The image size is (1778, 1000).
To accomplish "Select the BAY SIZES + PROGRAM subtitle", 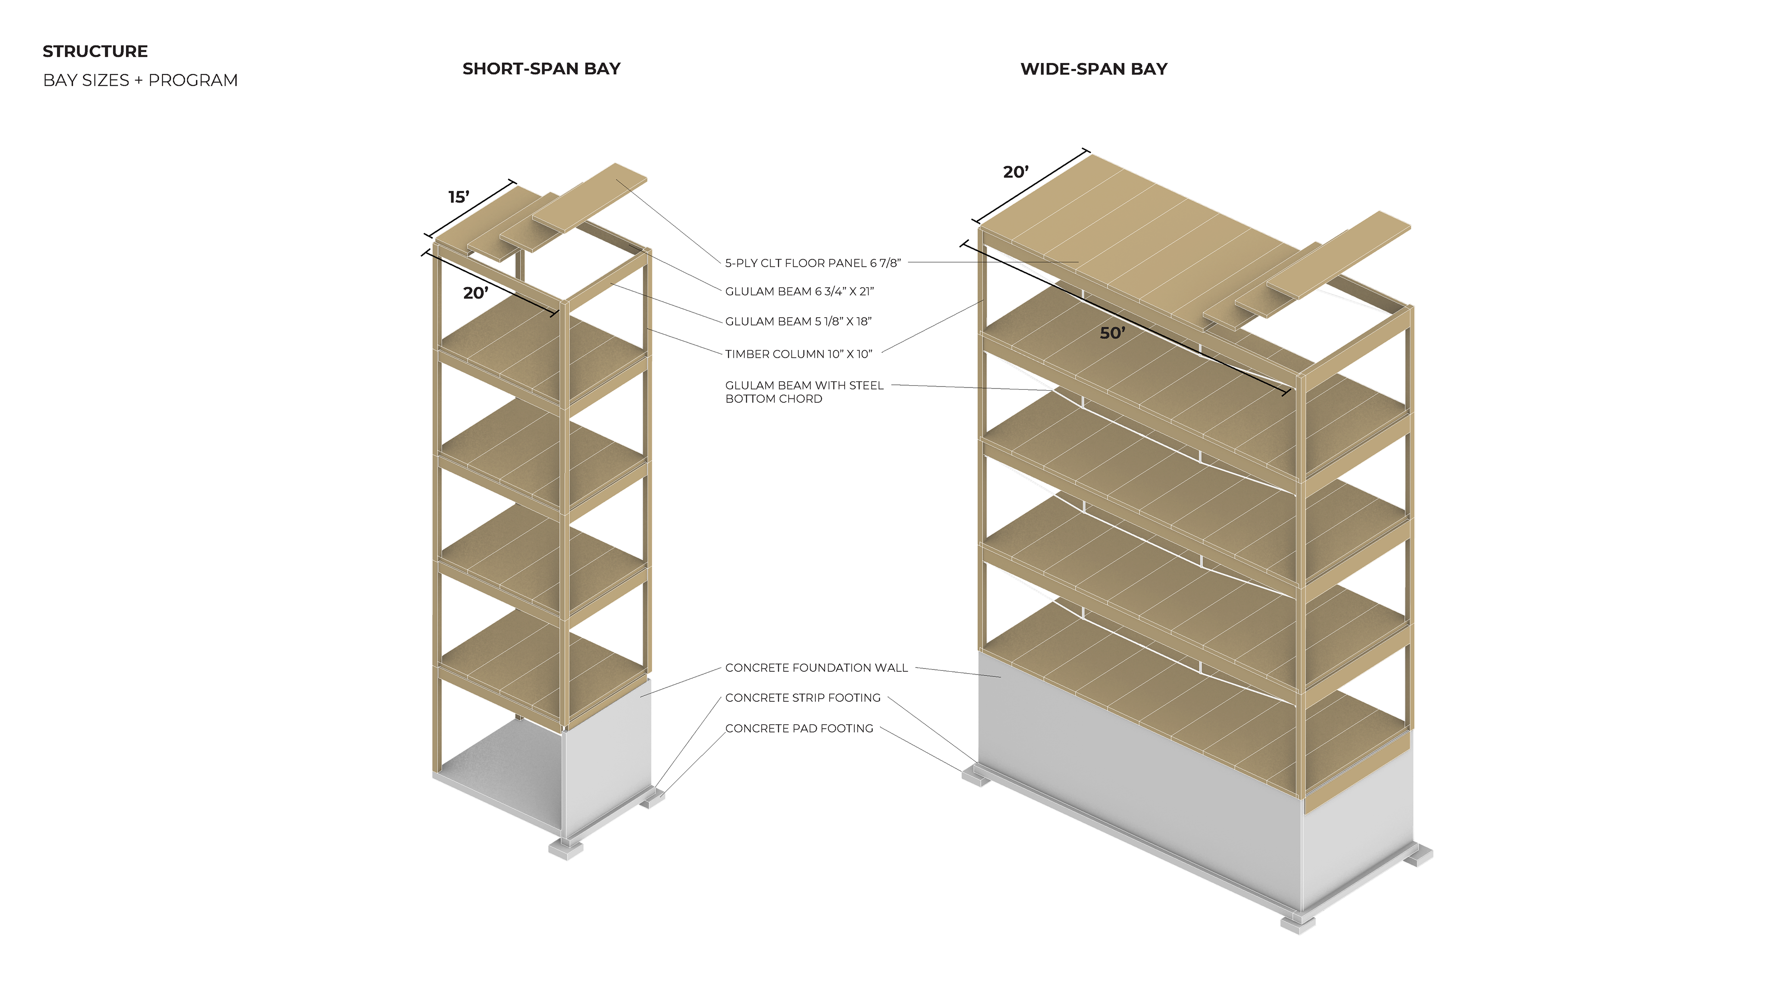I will point(140,81).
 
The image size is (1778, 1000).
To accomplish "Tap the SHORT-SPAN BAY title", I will point(541,69).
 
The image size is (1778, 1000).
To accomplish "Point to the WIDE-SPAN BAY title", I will point(1093,69).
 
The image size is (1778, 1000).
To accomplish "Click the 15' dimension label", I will point(459,197).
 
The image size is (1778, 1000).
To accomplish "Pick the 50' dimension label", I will point(1112,333).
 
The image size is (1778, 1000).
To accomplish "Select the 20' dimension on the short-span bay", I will point(476,294).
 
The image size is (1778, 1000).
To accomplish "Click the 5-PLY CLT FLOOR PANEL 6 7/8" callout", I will point(813,263).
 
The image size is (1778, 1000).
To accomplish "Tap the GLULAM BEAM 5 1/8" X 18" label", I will point(798,322).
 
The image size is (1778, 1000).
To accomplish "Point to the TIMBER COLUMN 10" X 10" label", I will point(798,355).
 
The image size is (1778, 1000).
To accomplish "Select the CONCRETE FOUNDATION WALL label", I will point(816,668).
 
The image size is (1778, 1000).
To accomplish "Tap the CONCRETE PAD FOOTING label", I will point(799,729).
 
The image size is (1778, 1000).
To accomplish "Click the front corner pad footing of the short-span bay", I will point(565,850).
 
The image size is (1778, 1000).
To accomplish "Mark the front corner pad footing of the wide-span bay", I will point(1297,924).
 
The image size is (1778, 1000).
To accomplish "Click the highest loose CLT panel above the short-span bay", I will point(591,197).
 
